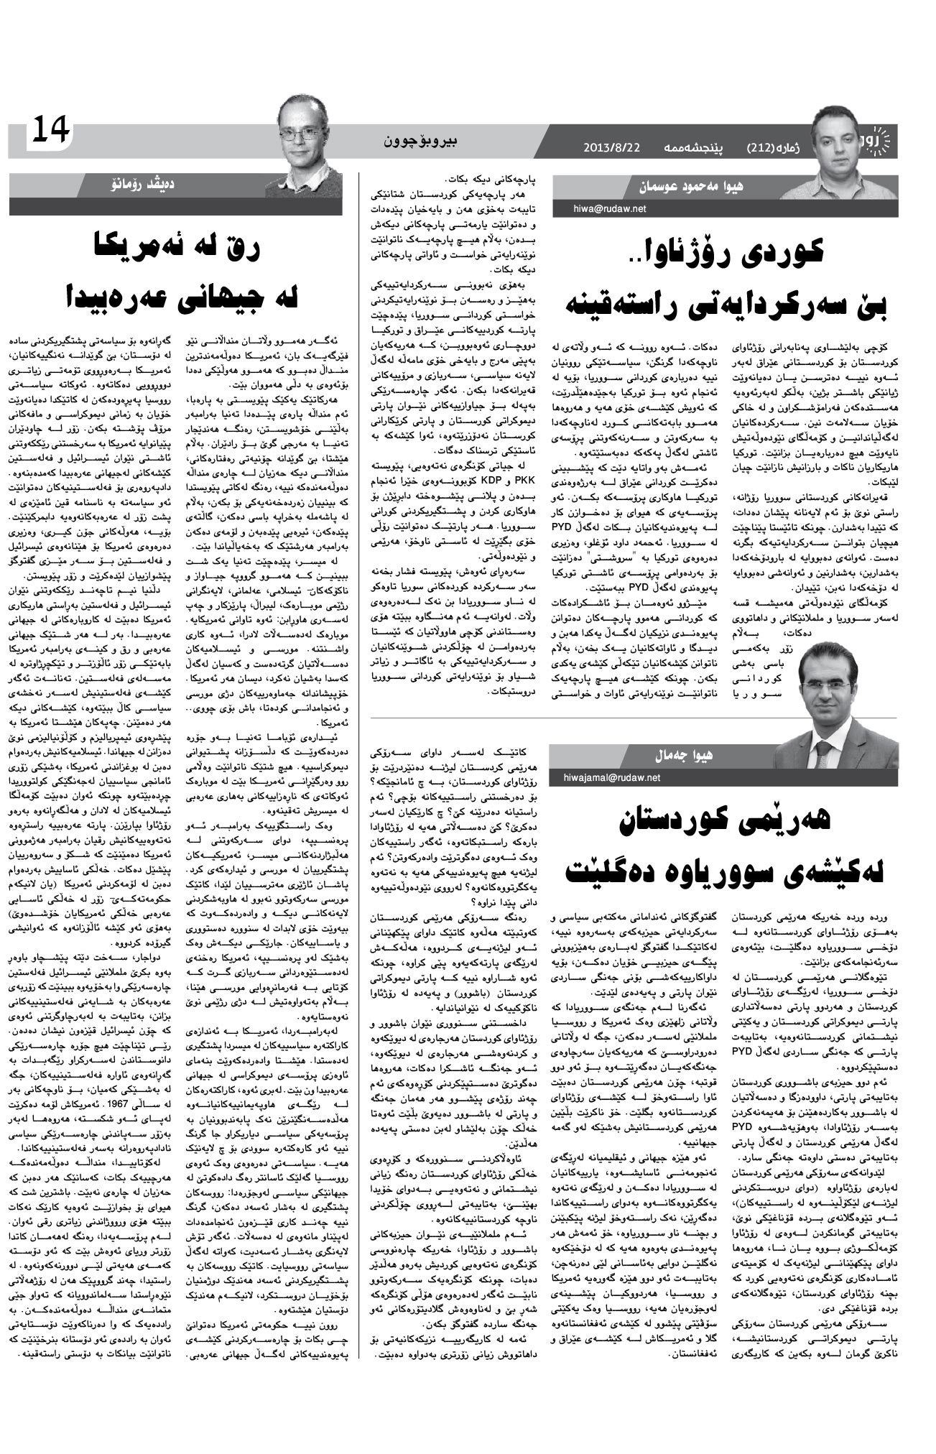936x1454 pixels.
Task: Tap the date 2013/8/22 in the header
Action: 611,147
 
